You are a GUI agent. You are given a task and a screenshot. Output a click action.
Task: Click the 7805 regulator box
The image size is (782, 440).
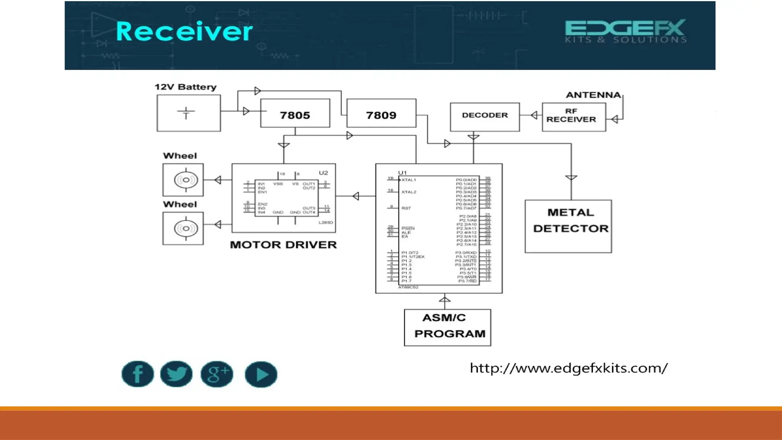click(x=295, y=113)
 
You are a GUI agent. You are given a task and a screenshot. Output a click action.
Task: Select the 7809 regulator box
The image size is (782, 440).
click(x=381, y=113)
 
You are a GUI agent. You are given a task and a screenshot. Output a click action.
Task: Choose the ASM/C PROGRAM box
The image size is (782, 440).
click(x=448, y=327)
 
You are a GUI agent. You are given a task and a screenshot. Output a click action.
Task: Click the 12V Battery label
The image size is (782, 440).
click(x=186, y=87)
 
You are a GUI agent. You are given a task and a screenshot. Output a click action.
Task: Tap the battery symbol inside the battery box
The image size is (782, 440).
click(x=186, y=113)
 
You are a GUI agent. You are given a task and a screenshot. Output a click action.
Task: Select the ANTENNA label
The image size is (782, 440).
click(x=593, y=95)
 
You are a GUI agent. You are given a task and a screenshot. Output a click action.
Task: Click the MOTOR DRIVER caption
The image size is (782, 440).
click(x=283, y=245)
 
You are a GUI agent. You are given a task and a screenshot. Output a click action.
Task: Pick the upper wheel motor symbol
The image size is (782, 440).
click(x=186, y=180)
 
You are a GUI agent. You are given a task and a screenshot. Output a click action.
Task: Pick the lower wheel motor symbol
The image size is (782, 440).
click(x=186, y=228)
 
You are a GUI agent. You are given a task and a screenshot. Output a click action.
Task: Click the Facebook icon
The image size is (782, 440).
click(x=137, y=374)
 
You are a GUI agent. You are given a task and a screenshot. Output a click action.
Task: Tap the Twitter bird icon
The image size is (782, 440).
click(x=176, y=374)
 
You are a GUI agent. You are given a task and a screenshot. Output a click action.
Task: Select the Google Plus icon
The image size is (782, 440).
click(x=217, y=374)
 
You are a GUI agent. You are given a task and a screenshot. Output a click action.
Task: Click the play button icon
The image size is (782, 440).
click(x=261, y=374)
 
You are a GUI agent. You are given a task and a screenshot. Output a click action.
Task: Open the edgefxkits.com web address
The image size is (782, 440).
click(x=569, y=368)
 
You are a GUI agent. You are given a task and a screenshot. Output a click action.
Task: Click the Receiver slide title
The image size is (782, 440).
click(x=184, y=31)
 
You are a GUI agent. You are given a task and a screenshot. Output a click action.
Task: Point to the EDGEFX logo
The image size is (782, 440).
click(x=625, y=31)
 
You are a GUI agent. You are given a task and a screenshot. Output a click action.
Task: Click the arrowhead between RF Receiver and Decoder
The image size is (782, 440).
click(x=534, y=115)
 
